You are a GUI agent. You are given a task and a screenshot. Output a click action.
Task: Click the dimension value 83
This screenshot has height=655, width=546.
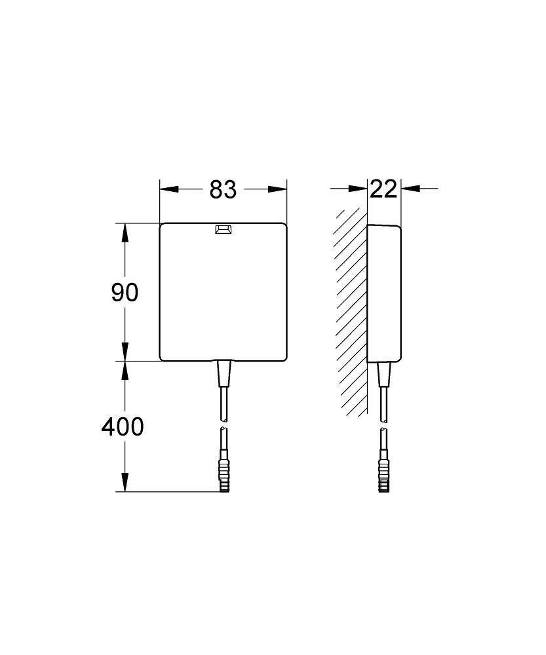tap(223, 189)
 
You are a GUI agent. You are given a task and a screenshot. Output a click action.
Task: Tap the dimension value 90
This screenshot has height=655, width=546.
tap(125, 292)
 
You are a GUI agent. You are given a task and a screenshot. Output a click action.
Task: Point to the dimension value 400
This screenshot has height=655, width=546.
tap(122, 426)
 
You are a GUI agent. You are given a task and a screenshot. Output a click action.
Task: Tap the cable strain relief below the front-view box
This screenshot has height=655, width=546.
tap(224, 374)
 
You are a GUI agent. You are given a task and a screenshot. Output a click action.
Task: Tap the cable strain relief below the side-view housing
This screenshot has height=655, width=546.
tap(383, 374)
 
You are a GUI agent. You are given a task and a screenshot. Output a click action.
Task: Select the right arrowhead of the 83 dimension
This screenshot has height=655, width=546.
tap(279, 189)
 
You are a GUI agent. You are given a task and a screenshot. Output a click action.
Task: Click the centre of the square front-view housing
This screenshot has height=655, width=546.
tap(224, 292)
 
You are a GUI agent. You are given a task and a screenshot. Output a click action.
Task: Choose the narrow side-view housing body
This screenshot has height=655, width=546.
tap(384, 292)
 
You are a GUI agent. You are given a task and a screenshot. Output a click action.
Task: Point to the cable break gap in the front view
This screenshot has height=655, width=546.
tap(224, 424)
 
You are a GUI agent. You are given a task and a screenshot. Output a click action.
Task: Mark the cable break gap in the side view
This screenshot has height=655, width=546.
tap(383, 424)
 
